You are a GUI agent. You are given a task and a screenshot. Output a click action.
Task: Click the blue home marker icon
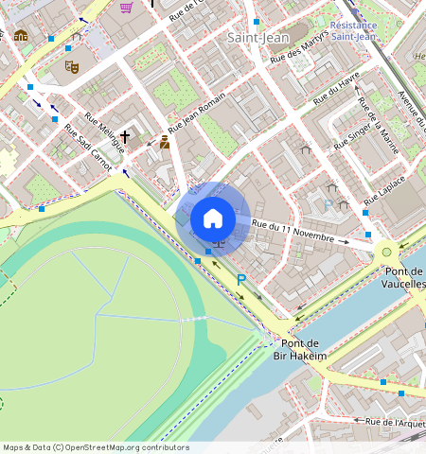pos(213,218)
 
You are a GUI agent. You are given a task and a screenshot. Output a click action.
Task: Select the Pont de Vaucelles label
pos(403,276)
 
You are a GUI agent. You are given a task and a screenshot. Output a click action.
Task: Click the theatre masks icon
pos(70,66)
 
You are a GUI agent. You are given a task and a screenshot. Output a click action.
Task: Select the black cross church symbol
pos(124,138)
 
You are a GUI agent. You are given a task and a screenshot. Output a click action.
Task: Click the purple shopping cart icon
pos(126,8)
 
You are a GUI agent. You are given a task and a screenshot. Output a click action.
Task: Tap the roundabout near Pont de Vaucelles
pos(385,252)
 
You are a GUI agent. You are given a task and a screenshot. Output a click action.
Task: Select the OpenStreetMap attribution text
pos(96,447)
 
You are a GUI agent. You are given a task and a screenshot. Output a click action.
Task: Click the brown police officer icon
pos(165,142)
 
